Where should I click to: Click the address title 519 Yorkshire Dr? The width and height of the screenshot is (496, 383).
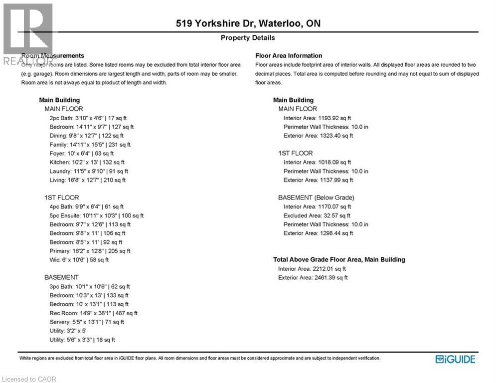click(x=248, y=23)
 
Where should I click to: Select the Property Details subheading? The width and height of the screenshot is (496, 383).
click(x=248, y=38)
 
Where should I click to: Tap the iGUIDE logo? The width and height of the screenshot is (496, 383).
click(x=455, y=359)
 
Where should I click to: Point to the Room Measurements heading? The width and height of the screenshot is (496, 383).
click(x=53, y=56)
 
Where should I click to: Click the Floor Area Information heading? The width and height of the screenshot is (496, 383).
click(x=289, y=56)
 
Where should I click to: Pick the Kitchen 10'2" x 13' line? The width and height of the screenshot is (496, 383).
click(x=87, y=162)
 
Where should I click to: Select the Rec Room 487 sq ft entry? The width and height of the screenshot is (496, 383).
click(x=93, y=313)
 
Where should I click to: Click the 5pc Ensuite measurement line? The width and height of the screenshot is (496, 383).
click(x=97, y=215)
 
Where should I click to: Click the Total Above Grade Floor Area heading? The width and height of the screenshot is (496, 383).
click(x=339, y=259)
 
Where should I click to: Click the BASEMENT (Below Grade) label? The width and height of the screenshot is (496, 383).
click(x=316, y=197)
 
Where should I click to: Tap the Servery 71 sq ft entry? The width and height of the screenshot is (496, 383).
click(x=87, y=322)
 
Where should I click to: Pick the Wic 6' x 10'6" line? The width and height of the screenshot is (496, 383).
click(x=79, y=260)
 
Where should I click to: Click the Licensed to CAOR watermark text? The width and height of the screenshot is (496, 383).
click(x=29, y=379)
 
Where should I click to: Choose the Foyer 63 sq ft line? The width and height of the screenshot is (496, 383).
click(x=82, y=153)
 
